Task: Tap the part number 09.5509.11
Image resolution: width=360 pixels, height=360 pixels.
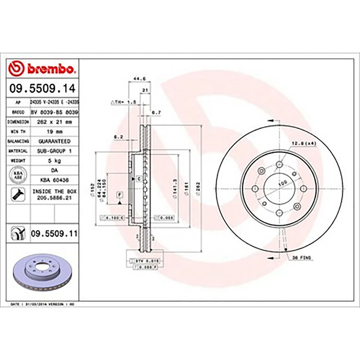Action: pos(54,234)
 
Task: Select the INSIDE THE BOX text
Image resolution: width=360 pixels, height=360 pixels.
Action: pos(54,191)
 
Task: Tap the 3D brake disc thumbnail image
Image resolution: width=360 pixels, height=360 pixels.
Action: pos(40,273)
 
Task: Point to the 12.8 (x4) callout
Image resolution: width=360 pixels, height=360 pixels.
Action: pos(303,143)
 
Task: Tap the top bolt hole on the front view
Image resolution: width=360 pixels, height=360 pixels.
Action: pos(279,164)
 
